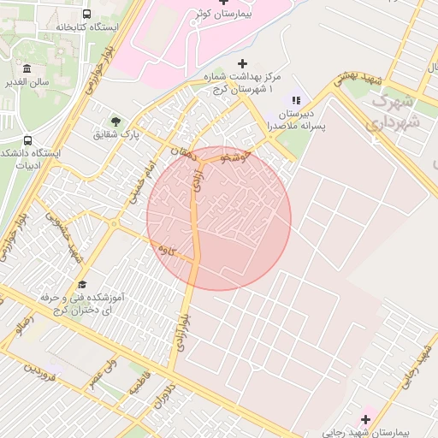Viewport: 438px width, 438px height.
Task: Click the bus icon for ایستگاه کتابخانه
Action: pos(87,14)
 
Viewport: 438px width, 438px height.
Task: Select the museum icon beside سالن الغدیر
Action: pos(28,68)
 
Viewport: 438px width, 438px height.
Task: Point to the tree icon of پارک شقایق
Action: pos(115,121)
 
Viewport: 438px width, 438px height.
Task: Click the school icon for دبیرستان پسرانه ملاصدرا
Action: pos(297,100)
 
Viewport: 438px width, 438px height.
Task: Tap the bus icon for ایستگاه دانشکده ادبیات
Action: pos(28,140)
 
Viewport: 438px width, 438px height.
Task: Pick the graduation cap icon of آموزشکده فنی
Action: pos(83,284)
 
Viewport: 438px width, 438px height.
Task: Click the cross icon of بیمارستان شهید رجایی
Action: pos(366,419)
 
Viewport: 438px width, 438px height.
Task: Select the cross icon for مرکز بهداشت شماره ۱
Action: pos(242,63)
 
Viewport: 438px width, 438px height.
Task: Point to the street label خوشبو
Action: pos(233,157)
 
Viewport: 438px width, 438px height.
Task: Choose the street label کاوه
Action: pos(167,251)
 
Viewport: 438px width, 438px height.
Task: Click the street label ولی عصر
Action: pos(101,374)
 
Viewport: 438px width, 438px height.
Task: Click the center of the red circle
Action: pos(219,218)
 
